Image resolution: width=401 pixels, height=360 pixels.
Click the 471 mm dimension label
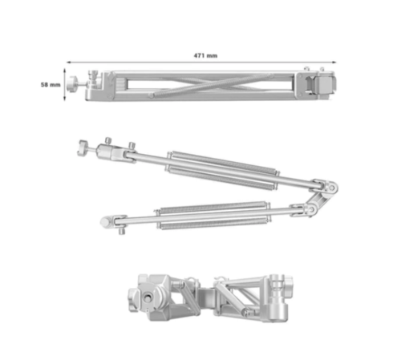[x=205, y=55]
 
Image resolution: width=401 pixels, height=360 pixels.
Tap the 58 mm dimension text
[x=51, y=85]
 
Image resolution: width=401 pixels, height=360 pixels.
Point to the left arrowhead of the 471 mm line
[x=68, y=63]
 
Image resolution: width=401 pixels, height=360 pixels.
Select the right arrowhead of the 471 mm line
[x=334, y=63]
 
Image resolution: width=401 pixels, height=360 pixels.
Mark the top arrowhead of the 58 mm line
[x=64, y=70]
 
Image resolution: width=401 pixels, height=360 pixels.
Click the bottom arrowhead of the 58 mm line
[x=64, y=99]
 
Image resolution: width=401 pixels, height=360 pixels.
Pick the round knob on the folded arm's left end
[x=71, y=84]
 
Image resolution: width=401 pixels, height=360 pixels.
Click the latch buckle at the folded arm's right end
[x=321, y=84]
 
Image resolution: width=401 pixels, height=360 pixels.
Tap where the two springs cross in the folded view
[x=211, y=84]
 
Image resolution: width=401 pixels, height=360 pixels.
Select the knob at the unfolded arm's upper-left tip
[x=83, y=148]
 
